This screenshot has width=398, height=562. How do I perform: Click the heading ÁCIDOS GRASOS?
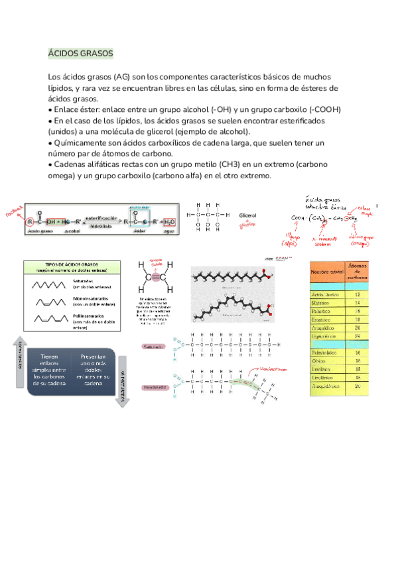(x=82, y=52)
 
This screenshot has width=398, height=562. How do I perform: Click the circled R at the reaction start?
(x=29, y=221)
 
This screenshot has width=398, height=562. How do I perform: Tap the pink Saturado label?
(x=153, y=347)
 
